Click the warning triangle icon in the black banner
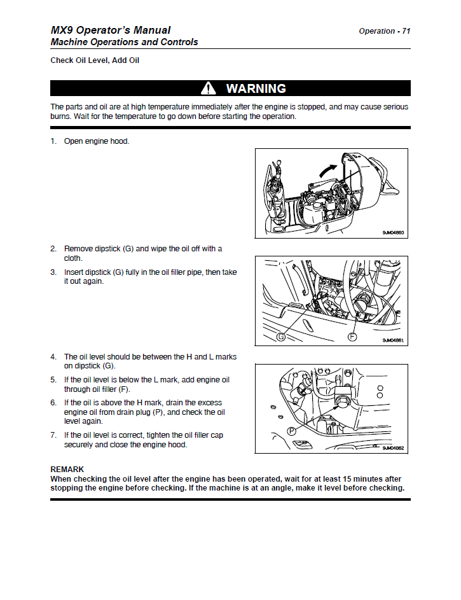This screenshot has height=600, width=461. pos(208,88)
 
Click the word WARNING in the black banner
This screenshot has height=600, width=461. pos(256,88)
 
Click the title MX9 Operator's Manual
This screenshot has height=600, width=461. pos(111,30)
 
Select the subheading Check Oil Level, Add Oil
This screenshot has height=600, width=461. pos(95,60)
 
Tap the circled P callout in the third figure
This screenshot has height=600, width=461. pos(292,431)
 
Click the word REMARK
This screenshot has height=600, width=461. pos(67,470)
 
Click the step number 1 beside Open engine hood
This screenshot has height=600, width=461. pos(53,141)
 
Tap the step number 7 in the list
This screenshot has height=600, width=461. pos(53,435)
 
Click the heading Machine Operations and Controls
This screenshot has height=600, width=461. pos(124,42)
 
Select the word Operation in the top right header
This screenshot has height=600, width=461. pos(376,31)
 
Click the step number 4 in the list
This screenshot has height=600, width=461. pos(53,357)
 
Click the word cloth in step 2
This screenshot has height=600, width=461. pos(73,258)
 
